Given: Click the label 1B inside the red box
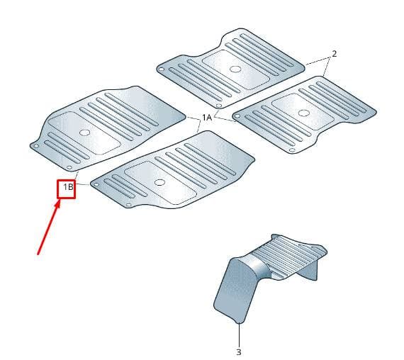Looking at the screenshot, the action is pyautogui.click(x=68, y=187).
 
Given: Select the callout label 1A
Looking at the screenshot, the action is pyautogui.click(x=207, y=118).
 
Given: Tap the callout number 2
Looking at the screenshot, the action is pyautogui.click(x=334, y=54).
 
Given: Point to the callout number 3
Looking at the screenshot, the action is pyautogui.click(x=239, y=351).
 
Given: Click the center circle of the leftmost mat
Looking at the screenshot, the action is pyautogui.click(x=84, y=133).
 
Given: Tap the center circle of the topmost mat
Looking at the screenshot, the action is pyautogui.click(x=235, y=69).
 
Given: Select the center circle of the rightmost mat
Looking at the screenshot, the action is pyautogui.click(x=304, y=113).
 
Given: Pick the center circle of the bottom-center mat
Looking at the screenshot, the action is pyautogui.click(x=159, y=182).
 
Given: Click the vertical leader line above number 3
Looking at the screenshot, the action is pyautogui.click(x=239, y=335).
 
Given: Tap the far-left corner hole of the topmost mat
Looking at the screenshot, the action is pyautogui.click(x=162, y=69).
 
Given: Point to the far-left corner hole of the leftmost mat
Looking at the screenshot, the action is pyautogui.click(x=36, y=146).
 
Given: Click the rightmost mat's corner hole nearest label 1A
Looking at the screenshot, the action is pyautogui.click(x=237, y=116).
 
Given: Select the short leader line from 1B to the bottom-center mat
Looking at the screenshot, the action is pyautogui.click(x=82, y=184).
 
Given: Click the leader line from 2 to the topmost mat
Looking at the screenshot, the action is pyautogui.click(x=318, y=61).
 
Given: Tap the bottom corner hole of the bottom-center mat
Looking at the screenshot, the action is pyautogui.click(x=129, y=205).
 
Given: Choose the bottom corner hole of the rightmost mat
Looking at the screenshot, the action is pyautogui.click(x=292, y=150).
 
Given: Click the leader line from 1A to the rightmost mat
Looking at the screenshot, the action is pyautogui.click(x=224, y=119).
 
